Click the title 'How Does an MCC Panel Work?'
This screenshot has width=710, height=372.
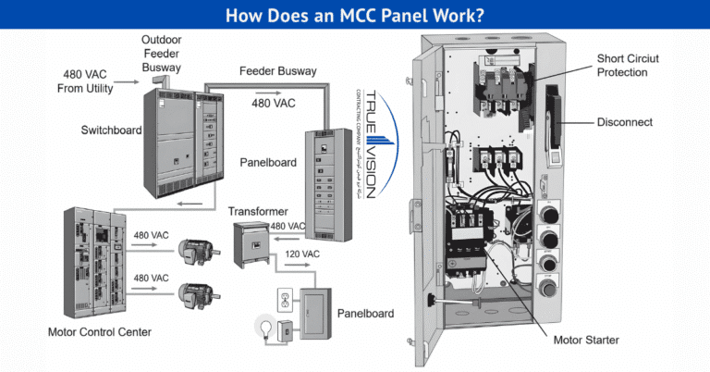(355, 16)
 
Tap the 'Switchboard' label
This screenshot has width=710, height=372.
(111, 130)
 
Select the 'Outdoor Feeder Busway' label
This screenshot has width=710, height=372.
(161, 53)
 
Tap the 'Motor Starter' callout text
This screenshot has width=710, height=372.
(586, 341)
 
